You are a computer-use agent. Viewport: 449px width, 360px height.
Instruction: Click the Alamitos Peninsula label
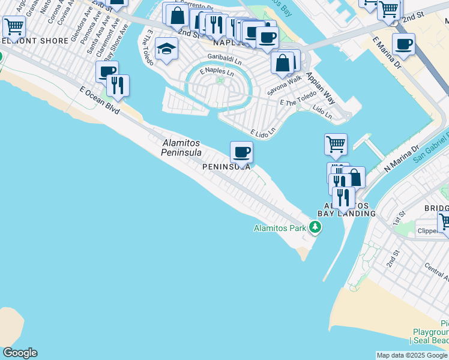181,148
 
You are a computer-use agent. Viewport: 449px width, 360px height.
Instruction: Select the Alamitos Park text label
280,228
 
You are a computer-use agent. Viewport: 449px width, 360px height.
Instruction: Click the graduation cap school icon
166,49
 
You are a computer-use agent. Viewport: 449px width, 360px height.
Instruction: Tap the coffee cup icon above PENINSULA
241,152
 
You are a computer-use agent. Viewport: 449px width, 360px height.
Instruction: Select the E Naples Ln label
215,71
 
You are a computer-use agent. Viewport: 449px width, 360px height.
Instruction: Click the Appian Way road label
321,88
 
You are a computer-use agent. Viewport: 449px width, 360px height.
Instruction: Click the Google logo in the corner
20,353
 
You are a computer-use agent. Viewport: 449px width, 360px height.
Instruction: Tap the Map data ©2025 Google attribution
412,355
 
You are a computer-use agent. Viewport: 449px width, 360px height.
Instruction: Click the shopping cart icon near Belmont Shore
14,26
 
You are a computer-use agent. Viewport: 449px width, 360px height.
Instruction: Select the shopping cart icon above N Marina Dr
336,143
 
